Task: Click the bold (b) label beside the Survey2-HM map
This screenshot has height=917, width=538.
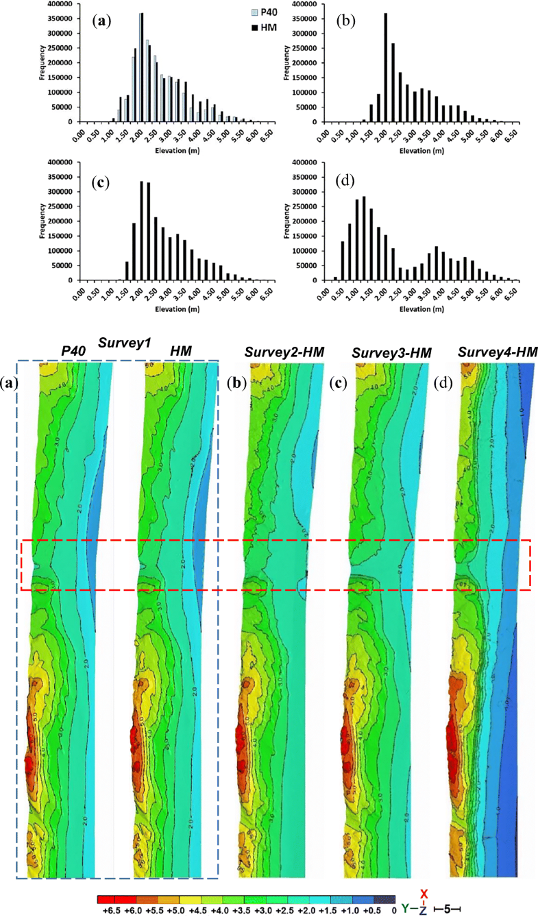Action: tap(234, 383)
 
